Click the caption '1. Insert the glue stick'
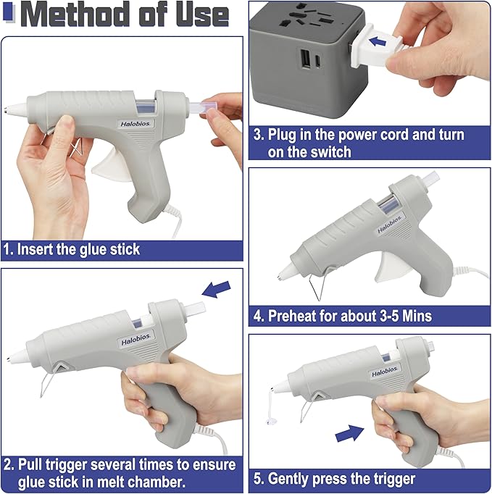[72, 249]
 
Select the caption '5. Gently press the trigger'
[343, 479]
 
